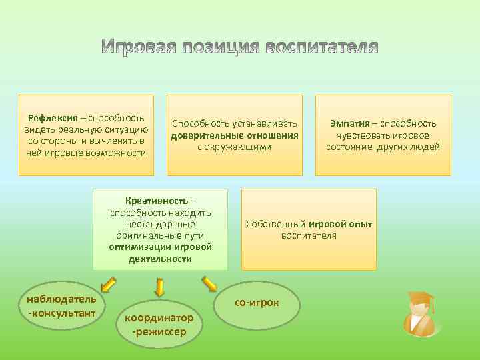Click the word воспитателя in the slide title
(322, 48)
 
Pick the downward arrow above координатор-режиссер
(159, 287)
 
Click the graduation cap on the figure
(420, 299)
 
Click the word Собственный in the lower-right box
(276, 224)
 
